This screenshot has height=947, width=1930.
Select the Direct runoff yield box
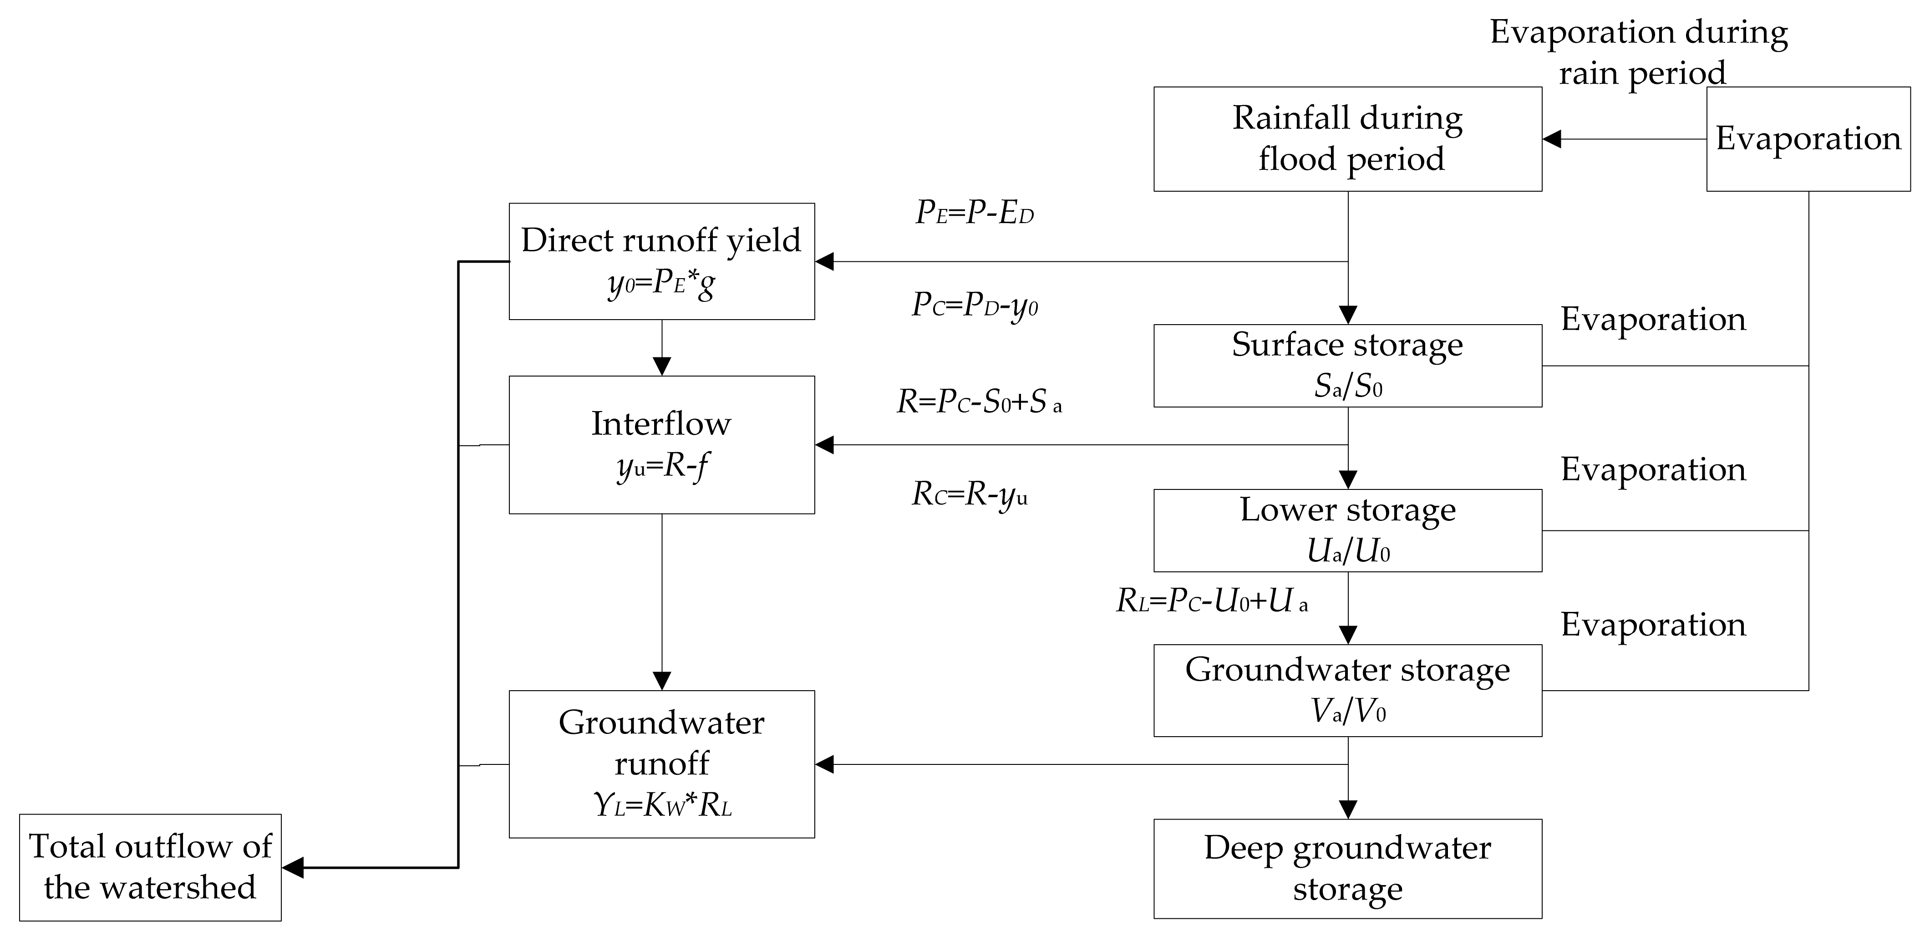point(661,261)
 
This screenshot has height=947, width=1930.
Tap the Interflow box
point(661,444)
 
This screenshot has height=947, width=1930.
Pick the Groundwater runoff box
point(661,764)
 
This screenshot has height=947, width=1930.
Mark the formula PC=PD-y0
point(974,305)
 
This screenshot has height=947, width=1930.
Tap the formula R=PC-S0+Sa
point(979,402)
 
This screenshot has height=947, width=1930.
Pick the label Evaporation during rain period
point(1639,52)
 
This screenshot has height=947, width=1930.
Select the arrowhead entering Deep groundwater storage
point(1348,810)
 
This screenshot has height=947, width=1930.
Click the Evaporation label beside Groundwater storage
point(1653,625)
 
